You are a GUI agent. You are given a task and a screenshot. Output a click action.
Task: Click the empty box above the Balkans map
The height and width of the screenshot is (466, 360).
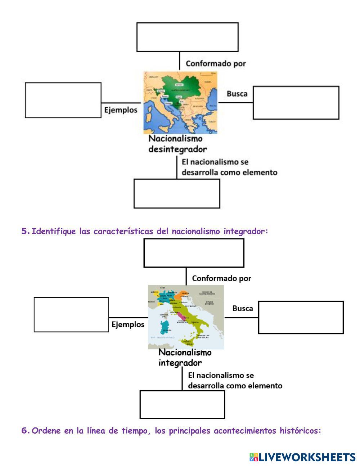(187, 37)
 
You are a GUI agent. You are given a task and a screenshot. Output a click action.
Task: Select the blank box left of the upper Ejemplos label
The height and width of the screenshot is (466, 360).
(63, 100)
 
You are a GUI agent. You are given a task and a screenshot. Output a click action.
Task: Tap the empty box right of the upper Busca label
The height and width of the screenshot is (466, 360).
(296, 103)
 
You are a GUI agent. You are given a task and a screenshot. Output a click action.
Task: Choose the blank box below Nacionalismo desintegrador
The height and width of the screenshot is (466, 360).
(177, 193)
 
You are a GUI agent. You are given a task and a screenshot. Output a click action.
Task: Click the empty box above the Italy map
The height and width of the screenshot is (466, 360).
(194, 253)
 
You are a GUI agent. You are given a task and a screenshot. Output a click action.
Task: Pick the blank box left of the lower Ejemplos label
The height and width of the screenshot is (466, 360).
(71, 314)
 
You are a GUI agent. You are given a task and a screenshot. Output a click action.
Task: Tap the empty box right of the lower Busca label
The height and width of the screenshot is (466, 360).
(301, 317)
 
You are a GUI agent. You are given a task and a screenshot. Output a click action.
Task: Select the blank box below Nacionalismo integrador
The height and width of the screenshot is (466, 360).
(182, 404)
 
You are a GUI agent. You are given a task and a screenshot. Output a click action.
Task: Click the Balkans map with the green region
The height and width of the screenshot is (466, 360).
(180, 103)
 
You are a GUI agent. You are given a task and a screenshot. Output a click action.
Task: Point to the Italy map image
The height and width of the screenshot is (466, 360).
(186, 317)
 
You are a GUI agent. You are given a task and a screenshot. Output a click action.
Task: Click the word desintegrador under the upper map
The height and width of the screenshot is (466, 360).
(178, 149)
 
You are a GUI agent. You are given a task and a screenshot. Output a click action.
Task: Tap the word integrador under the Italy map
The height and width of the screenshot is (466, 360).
(180, 363)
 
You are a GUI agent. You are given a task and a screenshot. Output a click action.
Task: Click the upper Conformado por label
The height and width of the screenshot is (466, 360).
(216, 64)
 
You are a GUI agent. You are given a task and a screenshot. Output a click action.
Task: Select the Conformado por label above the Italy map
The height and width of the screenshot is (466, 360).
(221, 278)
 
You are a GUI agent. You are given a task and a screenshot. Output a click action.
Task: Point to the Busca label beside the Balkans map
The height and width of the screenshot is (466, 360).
(237, 94)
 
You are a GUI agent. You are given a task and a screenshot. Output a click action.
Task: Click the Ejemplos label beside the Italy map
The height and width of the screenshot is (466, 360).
(128, 324)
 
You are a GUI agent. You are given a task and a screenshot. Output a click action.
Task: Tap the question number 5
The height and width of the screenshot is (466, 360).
(25, 231)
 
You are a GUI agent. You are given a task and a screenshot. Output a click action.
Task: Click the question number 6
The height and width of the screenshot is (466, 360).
(25, 431)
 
